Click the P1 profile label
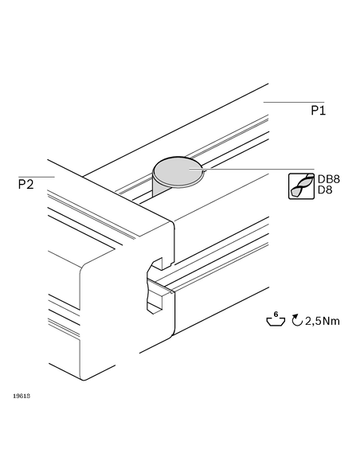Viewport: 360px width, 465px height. (318, 111)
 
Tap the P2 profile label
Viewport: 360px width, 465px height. (25, 184)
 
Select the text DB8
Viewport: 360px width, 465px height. (329, 179)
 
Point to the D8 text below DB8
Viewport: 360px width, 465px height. (325, 190)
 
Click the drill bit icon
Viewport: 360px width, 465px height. (301, 186)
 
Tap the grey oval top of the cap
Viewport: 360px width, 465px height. (178, 170)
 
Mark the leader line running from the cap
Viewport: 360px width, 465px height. (252, 169)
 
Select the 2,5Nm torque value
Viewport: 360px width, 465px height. (323, 321)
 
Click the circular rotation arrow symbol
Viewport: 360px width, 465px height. (297, 320)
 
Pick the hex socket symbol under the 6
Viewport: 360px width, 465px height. (276, 322)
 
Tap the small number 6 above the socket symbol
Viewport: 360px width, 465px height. (276, 314)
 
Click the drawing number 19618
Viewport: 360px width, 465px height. (22, 396)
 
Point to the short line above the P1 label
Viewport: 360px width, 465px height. (294, 102)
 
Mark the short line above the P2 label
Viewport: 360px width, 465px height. (37, 177)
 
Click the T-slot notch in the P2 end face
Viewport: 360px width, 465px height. (155, 285)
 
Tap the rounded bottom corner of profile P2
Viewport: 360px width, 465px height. (84, 378)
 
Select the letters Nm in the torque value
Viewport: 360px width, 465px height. (331, 321)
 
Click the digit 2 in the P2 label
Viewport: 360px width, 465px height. (29, 184)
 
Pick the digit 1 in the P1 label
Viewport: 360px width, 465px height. (323, 111)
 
